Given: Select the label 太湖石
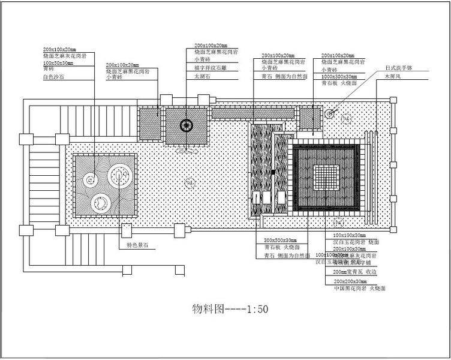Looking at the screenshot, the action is click(202, 76).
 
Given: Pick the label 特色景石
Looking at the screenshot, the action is click(137, 245).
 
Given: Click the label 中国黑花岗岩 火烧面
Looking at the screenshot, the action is click(359, 289).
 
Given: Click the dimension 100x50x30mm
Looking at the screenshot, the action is click(58, 63).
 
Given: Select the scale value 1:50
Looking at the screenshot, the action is click(256, 310).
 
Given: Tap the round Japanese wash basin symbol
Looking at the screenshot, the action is click(329, 113).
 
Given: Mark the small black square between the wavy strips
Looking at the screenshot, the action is click(273, 172).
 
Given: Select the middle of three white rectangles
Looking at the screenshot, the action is click(267, 197).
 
